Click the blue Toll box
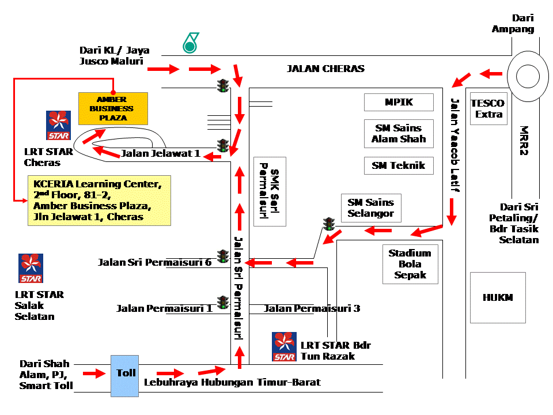point(125,376)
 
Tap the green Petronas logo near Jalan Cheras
point(190,43)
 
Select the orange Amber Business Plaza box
point(113,108)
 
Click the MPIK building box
point(399,103)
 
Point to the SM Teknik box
point(399,165)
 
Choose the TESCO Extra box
point(487,108)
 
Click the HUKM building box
point(498,297)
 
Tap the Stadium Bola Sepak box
point(410,264)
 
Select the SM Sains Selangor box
point(371,208)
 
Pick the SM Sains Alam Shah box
point(399,134)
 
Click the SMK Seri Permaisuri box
point(270,191)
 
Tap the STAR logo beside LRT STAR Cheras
point(58,125)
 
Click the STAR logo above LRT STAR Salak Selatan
point(31,268)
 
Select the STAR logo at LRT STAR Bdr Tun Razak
point(285,346)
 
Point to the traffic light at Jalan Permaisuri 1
point(223,301)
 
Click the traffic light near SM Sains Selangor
point(329,223)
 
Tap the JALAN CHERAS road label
point(325,69)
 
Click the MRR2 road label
point(524,141)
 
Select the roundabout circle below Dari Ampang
point(528,76)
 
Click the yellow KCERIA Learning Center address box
point(100,200)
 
